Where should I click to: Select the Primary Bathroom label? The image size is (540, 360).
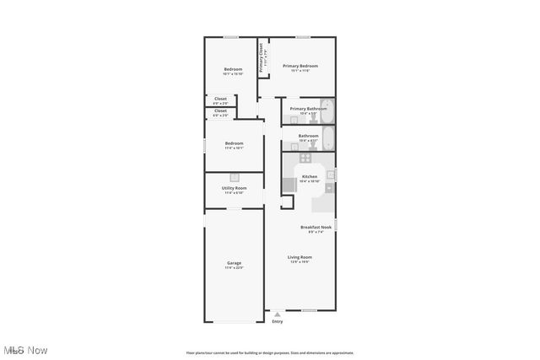[x=308, y=109]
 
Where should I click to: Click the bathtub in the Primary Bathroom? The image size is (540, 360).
[x=328, y=111]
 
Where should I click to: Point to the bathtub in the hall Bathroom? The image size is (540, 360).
[x=328, y=139]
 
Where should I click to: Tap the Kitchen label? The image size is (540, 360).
[x=310, y=176]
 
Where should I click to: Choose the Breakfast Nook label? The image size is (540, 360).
[x=316, y=227]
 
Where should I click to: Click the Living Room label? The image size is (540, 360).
[x=300, y=257]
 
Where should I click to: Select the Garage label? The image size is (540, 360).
[x=234, y=263]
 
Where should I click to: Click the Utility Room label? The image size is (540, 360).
[x=234, y=188]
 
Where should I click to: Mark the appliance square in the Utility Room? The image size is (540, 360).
[x=235, y=178]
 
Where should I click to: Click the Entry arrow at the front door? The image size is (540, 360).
[x=278, y=314]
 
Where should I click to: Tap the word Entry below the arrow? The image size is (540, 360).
[x=278, y=321]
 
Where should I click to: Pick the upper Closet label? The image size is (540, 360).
[x=220, y=99]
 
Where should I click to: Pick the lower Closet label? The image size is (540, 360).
[x=220, y=110]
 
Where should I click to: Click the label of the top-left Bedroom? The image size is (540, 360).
[x=233, y=69]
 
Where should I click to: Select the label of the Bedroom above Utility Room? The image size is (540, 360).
[x=234, y=143]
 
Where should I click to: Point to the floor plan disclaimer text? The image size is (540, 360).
[x=270, y=353]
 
